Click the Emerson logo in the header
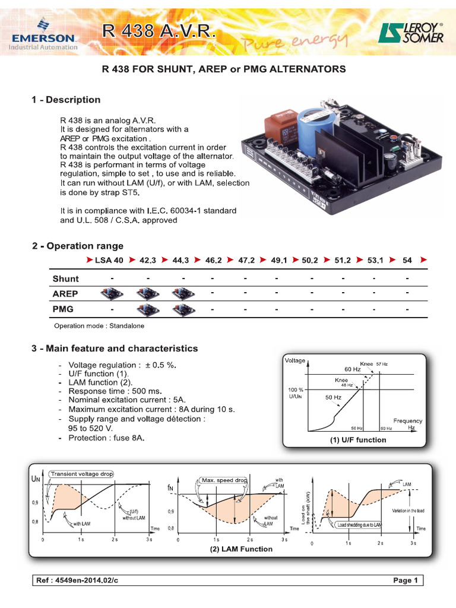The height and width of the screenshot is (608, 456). pos(42,33)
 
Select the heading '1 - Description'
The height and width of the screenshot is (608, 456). pos(66,100)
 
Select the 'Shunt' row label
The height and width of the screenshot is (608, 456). pos(65,278)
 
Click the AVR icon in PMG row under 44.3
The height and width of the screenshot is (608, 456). pos(182,309)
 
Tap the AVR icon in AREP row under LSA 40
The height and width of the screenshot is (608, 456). pos(112,294)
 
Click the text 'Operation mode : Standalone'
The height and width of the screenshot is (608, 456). pos(99,326)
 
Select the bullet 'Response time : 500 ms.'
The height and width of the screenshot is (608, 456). pos(115,392)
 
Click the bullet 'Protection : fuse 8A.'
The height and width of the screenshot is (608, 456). pos(106,438)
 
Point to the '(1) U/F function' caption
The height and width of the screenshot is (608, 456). pos(358,440)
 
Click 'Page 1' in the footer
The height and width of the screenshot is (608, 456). pos(406,580)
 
